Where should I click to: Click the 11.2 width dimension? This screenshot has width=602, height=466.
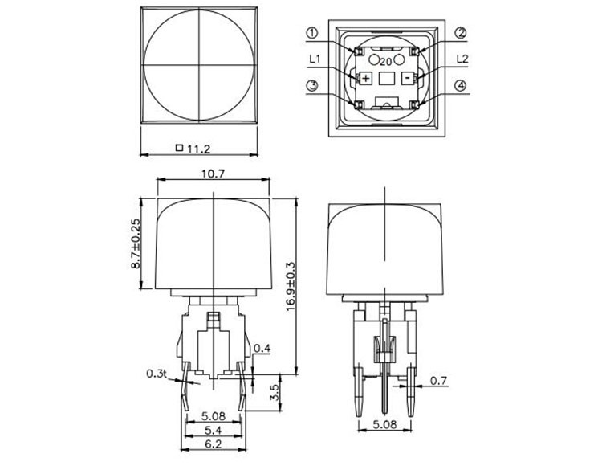coord(197,148)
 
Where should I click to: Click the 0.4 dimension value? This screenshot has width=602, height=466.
coord(262,348)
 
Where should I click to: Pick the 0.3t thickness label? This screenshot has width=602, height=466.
coord(156,373)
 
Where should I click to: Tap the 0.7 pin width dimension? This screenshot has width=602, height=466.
coord(438,381)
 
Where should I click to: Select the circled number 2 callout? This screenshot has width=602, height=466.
coord(461,33)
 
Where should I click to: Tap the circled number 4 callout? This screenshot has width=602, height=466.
coord(461,87)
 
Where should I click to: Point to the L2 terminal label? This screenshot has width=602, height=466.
coord(461,59)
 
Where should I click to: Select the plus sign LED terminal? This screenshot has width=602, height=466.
coord(366,78)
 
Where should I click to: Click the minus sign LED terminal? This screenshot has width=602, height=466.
coord(409,78)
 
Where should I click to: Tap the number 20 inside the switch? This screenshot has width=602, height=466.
coord(386,61)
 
